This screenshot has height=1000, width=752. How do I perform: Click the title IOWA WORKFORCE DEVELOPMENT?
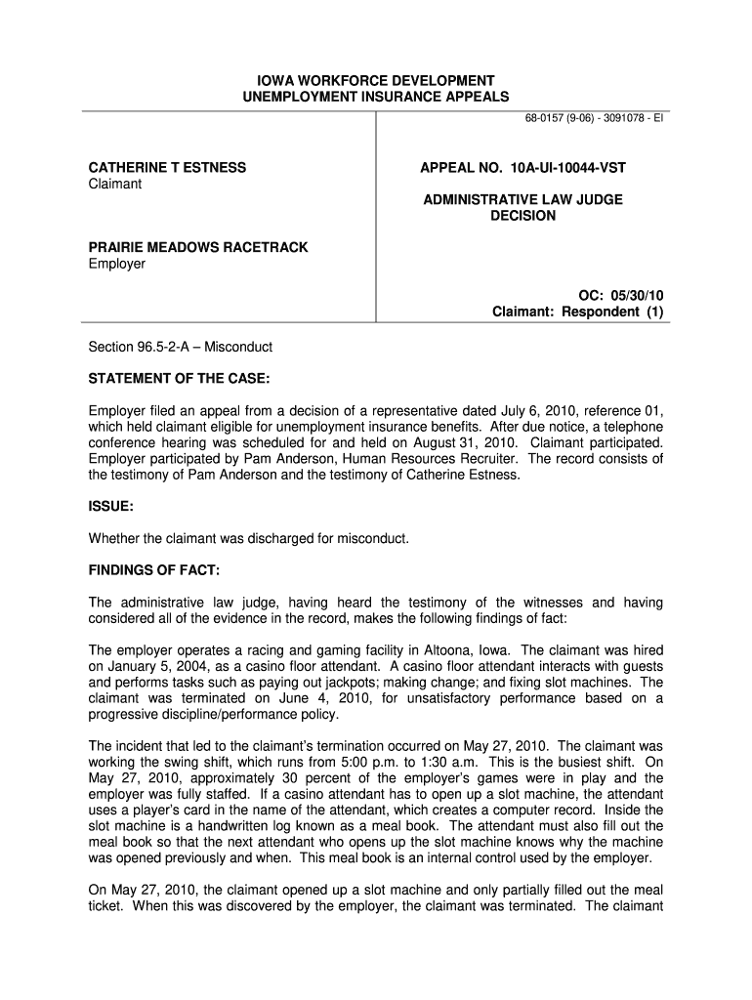point(376,80)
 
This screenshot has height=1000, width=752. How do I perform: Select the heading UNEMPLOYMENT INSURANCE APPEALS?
point(376,97)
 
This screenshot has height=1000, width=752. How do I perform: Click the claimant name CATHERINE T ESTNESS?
point(168,168)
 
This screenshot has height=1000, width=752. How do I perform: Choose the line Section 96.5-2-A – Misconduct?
point(181,347)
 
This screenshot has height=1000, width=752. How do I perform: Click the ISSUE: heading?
point(110,507)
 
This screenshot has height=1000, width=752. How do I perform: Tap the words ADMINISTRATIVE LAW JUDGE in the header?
point(522,200)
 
